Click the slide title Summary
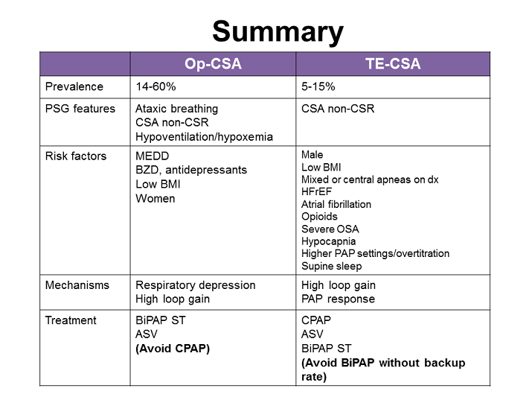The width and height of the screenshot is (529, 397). pyautogui.click(x=277, y=31)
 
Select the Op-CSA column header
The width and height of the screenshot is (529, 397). pyautogui.click(x=213, y=64)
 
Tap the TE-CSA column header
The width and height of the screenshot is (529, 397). pyautogui.click(x=393, y=64)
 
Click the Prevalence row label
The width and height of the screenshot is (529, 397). pyautogui.click(x=74, y=87)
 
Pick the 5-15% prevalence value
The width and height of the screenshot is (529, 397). pyautogui.click(x=318, y=87)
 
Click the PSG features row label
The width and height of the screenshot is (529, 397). pyautogui.click(x=80, y=109)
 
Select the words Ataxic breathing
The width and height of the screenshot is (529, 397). pyautogui.click(x=177, y=109)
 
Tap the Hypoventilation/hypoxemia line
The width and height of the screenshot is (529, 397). pyautogui.click(x=204, y=137)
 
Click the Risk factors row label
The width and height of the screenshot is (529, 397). pyautogui.click(x=76, y=156)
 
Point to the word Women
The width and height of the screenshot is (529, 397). pyautogui.click(x=156, y=199)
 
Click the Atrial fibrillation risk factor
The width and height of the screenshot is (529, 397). pyautogui.click(x=336, y=204)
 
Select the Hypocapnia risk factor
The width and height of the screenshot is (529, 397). pyautogui.click(x=328, y=241)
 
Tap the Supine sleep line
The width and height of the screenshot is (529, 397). pyautogui.click(x=331, y=266)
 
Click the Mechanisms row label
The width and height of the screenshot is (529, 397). pyautogui.click(x=77, y=285)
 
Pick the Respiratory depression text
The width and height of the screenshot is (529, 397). pyautogui.click(x=195, y=285)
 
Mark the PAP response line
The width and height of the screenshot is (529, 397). pyautogui.click(x=338, y=299)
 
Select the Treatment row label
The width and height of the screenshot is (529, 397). pyautogui.click(x=71, y=320)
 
